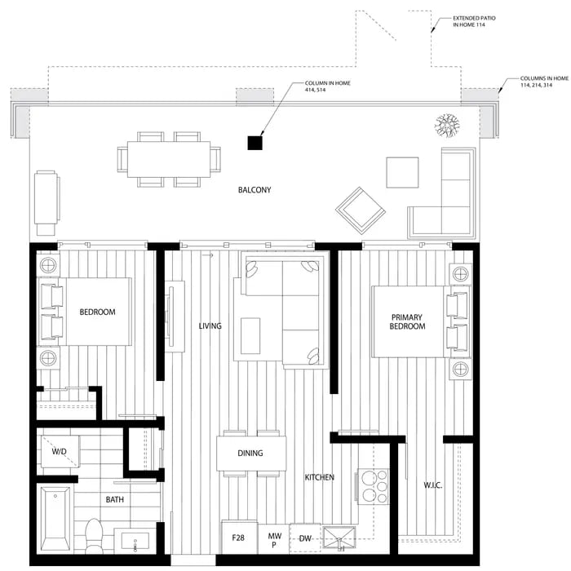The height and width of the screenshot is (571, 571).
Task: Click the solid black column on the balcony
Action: (x=255, y=143)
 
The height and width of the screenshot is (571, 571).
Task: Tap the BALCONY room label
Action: (x=255, y=190)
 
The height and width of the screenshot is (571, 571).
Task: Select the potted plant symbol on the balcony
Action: (x=447, y=126)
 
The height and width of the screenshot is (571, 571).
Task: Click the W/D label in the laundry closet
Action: (x=59, y=452)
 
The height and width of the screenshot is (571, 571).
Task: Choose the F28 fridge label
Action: (x=238, y=538)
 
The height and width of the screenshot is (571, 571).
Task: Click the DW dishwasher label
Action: (x=305, y=538)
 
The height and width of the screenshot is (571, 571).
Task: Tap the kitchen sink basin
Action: (x=339, y=537)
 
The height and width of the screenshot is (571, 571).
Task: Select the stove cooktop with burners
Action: (x=374, y=486)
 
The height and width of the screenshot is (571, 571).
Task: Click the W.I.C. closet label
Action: (x=433, y=485)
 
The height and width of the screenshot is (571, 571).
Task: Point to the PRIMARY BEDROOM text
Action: (x=407, y=321)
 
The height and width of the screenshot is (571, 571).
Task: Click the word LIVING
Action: (x=210, y=326)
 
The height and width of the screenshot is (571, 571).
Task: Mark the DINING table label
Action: (x=250, y=453)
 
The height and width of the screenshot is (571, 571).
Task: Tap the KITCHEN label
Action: (x=320, y=477)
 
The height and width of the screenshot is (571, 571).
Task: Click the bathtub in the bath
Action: (x=55, y=520)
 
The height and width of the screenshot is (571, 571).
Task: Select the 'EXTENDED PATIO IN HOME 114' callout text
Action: (x=474, y=21)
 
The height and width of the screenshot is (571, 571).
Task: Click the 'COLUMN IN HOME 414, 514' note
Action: (x=328, y=86)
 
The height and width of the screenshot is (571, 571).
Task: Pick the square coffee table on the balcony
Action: (x=402, y=172)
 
